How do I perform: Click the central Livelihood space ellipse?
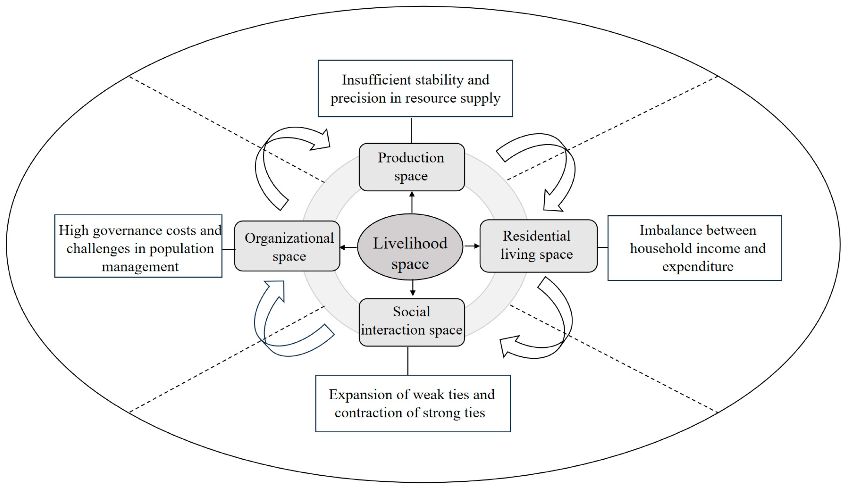410,247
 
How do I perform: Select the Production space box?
412,167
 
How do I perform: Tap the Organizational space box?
287,246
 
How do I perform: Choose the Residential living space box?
538,246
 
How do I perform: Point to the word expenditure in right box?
698,266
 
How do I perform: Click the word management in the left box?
140,266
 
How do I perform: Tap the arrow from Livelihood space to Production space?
412,202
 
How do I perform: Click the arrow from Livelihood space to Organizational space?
348,248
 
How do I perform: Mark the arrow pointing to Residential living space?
472,246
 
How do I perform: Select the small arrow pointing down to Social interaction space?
413,288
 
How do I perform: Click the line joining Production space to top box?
411,130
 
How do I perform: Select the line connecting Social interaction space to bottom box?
408,361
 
